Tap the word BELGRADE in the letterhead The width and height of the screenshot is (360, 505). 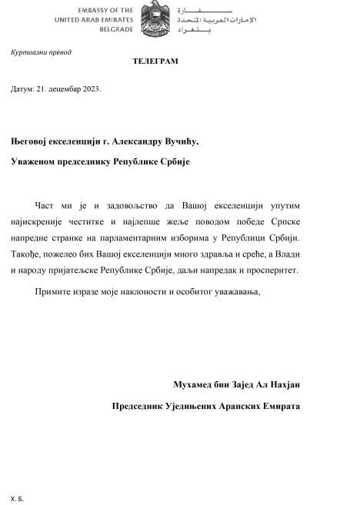point(116,29)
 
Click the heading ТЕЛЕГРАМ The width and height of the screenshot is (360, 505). point(155,61)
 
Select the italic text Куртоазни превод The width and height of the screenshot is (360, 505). point(41,52)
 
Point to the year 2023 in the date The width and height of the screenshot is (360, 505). point(91,88)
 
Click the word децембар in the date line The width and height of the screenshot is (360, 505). point(62,88)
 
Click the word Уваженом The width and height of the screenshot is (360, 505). point(38,161)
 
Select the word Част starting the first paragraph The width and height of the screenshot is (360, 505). point(45,205)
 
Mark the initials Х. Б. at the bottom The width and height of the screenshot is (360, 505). point(18,499)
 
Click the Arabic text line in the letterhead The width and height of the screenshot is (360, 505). point(216,18)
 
